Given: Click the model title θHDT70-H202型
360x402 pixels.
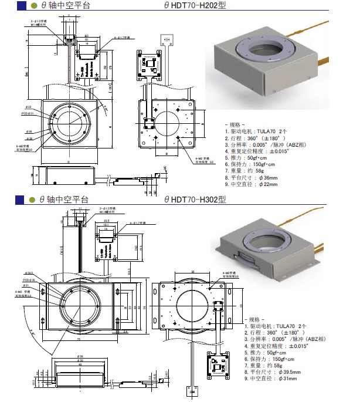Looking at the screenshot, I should (x=195, y=5).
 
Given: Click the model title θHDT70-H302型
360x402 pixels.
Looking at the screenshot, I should (x=195, y=200).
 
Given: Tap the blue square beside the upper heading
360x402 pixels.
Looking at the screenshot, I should (x=20, y=5).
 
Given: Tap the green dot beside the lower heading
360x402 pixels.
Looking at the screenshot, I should (x=34, y=200).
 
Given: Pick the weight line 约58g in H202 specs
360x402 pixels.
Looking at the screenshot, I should (x=247, y=170).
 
